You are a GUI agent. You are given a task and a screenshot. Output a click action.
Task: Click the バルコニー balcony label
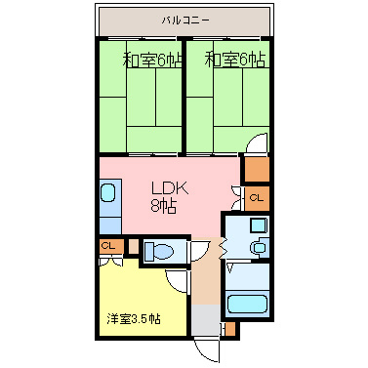186,19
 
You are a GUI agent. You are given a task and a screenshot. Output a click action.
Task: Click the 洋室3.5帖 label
133,319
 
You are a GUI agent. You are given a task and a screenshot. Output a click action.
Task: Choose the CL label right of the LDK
256,198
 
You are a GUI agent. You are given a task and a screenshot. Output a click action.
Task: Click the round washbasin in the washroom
258,248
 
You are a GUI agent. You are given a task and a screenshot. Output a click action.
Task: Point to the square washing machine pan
257,226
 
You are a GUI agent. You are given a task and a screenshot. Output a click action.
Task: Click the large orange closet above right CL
256,170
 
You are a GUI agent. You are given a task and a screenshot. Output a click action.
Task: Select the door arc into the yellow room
179,282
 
